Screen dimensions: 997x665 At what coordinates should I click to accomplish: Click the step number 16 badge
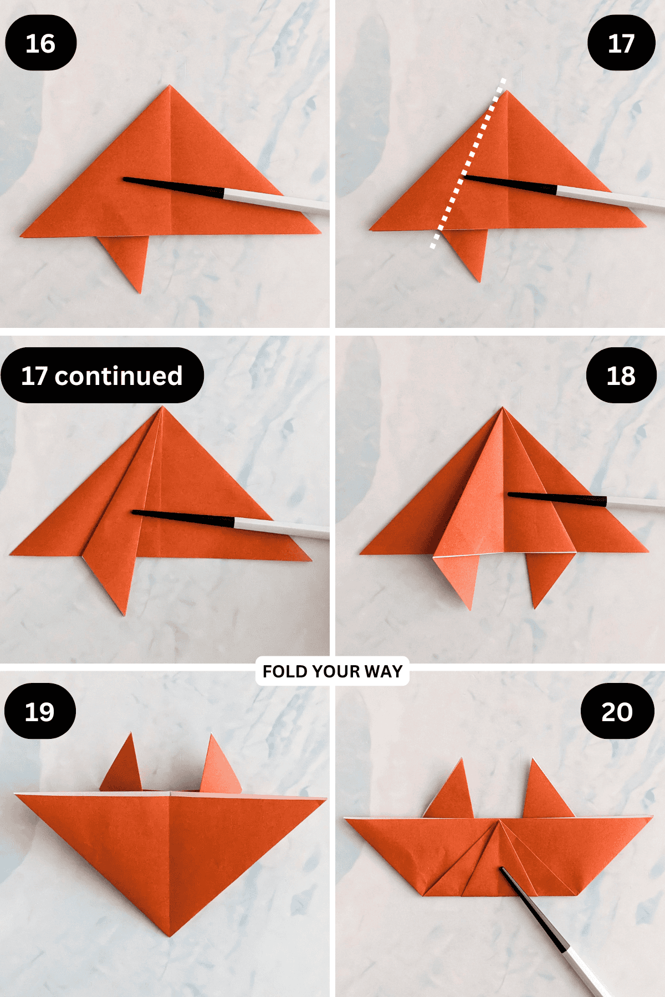(40, 43)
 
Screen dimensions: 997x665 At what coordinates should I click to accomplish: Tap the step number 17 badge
(621, 43)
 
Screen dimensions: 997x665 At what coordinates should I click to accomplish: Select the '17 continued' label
(102, 376)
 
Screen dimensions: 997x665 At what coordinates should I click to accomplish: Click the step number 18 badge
(621, 376)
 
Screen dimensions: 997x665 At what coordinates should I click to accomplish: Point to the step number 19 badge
(40, 711)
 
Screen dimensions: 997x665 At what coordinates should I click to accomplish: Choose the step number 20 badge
(617, 711)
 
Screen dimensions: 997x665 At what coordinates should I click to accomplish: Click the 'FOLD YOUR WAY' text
(332, 671)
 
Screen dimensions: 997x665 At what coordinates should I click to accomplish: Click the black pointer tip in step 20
(503, 870)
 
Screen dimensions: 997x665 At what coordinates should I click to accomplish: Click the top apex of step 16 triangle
(170, 86)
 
